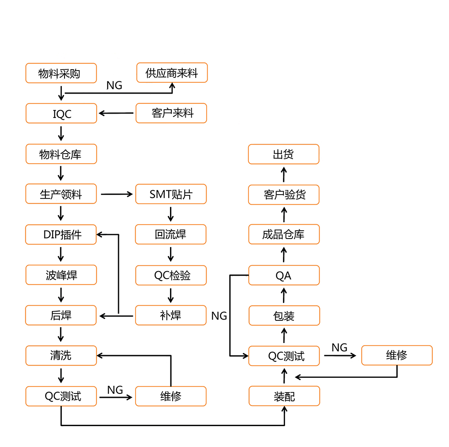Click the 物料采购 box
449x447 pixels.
[x=61, y=73]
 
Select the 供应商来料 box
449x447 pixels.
[x=172, y=73]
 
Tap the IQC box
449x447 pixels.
[x=61, y=114]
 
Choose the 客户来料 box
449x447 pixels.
[x=171, y=113]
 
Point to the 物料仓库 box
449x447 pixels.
[x=61, y=154]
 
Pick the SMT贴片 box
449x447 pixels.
[x=170, y=194]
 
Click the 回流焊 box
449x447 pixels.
[x=170, y=235]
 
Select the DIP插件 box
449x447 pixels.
[x=61, y=235]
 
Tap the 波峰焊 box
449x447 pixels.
[x=61, y=275]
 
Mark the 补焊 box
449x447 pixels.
[x=170, y=315]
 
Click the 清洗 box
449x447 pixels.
[x=61, y=356]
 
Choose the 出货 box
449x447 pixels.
[x=283, y=154]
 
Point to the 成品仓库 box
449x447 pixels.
[x=283, y=235]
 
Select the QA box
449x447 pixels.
[x=284, y=275]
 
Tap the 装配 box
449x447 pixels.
[x=284, y=396]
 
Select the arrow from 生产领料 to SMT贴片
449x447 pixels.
[x=116, y=194]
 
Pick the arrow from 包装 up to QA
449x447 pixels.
[x=284, y=296]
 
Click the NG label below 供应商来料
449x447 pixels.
[x=114, y=85]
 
